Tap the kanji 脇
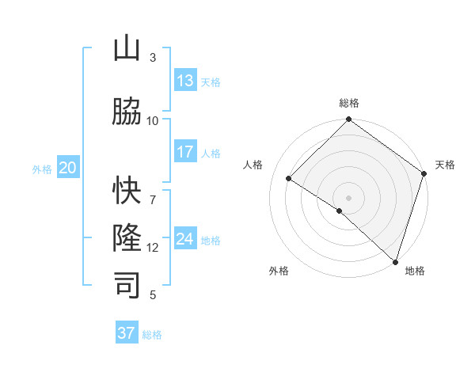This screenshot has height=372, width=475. [127, 112]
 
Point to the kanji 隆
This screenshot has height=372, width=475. [127, 238]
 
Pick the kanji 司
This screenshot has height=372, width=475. [127, 285]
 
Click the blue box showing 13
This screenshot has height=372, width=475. [185, 81]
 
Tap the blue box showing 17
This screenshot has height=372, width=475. [185, 152]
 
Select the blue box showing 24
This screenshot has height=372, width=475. [185, 239]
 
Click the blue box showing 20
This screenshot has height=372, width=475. [68, 168]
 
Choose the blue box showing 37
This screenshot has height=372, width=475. [127, 333]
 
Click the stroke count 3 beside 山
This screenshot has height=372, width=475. [153, 58]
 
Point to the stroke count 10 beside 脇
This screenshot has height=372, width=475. [153, 120]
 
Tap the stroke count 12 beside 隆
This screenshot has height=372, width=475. [153, 248]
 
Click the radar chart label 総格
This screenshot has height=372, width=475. [348, 103]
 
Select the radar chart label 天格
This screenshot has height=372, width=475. [445, 165]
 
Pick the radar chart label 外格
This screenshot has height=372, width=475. [279, 271]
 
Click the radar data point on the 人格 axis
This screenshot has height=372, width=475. [289, 179]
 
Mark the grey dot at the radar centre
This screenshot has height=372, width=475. [348, 197]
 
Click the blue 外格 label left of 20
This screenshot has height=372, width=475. [42, 169]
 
